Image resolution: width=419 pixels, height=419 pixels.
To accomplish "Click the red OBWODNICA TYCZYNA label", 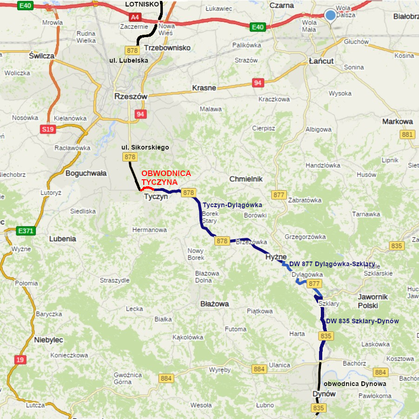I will coord(166,177).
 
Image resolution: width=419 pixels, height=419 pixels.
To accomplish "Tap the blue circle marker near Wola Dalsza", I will coord(330,15).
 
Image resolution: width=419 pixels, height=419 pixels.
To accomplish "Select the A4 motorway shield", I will coord(135,17).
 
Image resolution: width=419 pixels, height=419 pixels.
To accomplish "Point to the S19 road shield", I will coord(47,130).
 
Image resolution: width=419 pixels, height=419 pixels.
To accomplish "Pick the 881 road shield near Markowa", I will coord(407,135).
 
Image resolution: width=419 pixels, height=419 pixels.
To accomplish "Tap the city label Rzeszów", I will coord(131,97).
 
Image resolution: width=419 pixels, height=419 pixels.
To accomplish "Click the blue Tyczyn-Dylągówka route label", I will coord(233,205).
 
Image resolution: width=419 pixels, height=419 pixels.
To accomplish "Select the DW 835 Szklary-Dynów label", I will coord(362,321).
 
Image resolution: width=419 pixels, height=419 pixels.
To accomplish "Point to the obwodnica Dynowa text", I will coord(354,384).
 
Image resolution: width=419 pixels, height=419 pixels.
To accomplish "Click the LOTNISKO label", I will coord(142,4).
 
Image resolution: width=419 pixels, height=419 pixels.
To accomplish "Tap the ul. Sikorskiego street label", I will coord(145,147).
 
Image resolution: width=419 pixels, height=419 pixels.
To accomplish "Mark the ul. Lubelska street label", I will coord(129,60).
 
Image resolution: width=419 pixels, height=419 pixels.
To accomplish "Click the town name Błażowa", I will coord(214,304).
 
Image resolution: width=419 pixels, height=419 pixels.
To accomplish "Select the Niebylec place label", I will coord(48,340).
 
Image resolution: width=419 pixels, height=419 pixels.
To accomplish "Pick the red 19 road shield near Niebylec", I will coord(20,359).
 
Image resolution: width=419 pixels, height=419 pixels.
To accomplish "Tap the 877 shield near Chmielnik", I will coord(279,195).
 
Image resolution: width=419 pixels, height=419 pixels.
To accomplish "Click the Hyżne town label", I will coord(276,257).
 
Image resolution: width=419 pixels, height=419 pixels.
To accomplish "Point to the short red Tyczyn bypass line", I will coord(148,189).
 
